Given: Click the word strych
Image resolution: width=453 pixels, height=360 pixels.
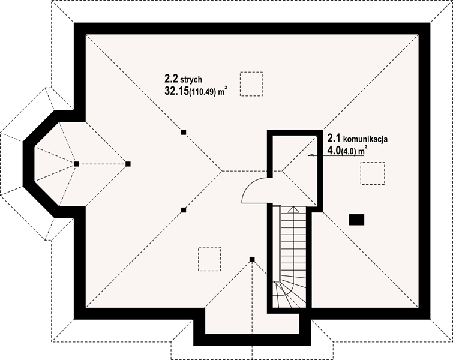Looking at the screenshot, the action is (191, 79).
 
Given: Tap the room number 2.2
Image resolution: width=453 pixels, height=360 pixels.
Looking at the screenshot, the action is (172, 78).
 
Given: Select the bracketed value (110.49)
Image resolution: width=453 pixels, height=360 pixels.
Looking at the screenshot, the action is (202, 92).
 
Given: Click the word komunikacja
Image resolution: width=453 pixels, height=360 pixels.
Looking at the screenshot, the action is (365, 139).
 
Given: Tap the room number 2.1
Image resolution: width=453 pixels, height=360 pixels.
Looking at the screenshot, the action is (334, 139).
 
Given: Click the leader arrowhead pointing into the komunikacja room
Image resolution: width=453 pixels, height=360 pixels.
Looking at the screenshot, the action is (311, 155).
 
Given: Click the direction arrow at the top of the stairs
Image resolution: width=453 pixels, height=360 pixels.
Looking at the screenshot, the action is (293, 210).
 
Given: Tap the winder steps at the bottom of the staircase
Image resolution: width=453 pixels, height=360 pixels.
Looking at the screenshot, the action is (289, 294).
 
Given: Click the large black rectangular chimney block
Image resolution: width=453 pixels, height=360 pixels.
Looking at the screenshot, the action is (356, 220).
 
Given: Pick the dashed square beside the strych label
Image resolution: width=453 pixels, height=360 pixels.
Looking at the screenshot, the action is (251, 84).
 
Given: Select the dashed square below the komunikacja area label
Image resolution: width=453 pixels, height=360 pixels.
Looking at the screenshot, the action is (373, 173).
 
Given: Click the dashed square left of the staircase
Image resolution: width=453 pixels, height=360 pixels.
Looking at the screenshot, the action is (210, 259).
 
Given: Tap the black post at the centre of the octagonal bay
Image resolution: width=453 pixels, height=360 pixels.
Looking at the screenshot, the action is (76, 164).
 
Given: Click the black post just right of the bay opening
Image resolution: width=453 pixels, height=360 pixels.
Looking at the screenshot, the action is (128, 164).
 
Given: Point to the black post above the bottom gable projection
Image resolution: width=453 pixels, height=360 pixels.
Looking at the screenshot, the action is (252, 259).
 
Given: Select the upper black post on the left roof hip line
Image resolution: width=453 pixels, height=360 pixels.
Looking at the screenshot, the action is (184, 133).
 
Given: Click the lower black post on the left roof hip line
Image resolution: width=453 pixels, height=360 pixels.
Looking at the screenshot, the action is (184, 210).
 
